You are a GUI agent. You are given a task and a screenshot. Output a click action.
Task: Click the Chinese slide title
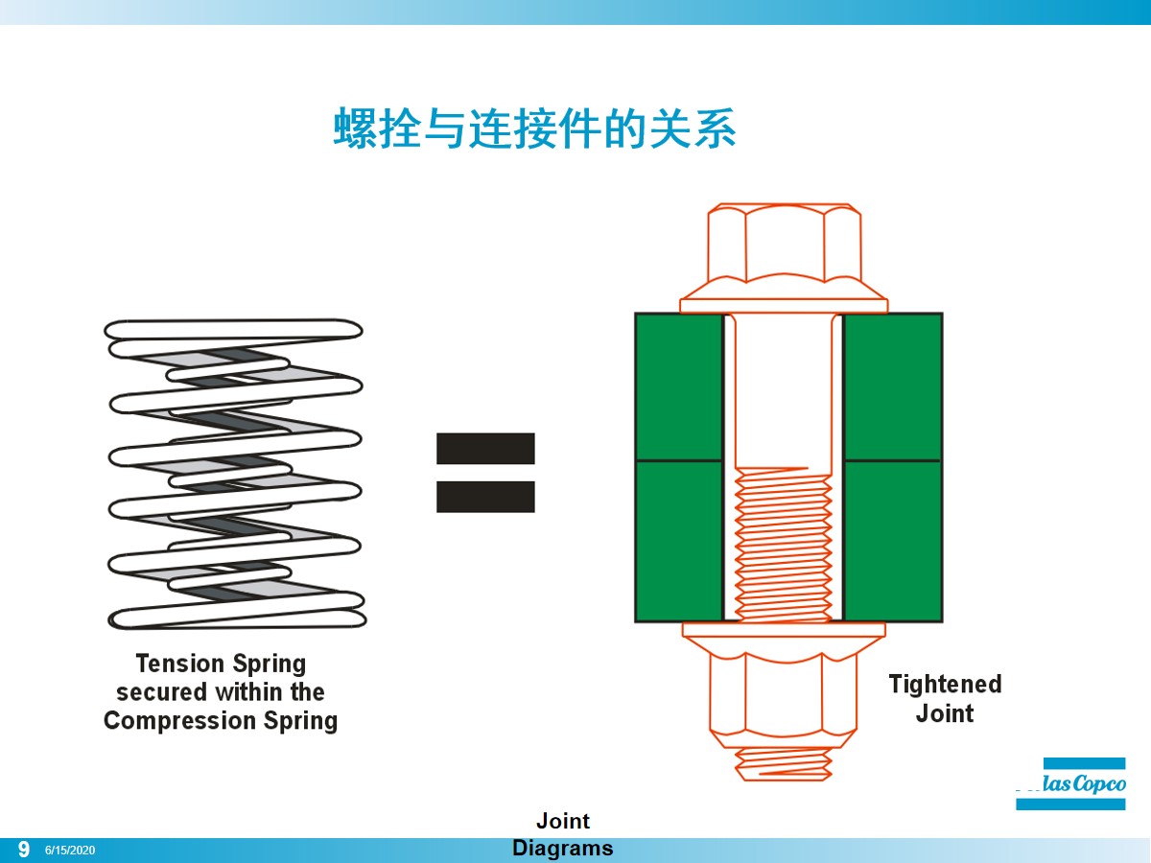point(534,128)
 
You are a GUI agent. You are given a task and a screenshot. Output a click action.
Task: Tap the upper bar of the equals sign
point(485,449)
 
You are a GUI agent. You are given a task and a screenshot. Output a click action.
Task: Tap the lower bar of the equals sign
point(485,497)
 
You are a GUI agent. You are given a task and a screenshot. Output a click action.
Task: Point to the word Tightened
point(945,684)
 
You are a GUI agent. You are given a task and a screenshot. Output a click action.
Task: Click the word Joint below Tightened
point(945,713)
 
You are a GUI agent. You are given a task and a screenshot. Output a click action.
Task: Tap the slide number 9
point(24,850)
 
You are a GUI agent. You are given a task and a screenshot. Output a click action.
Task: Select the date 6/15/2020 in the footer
point(70,851)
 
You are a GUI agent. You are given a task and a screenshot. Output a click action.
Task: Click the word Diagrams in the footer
point(562,849)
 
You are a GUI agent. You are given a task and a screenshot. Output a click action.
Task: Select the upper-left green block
point(679,386)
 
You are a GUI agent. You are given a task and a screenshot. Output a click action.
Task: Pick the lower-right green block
point(892,541)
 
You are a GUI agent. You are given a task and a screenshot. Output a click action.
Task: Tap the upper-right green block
point(892,386)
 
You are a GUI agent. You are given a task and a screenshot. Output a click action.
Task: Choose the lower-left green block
point(679,541)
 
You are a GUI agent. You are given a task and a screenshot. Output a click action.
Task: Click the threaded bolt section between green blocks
point(783,542)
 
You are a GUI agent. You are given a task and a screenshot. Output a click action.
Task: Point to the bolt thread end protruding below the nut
point(783,764)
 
